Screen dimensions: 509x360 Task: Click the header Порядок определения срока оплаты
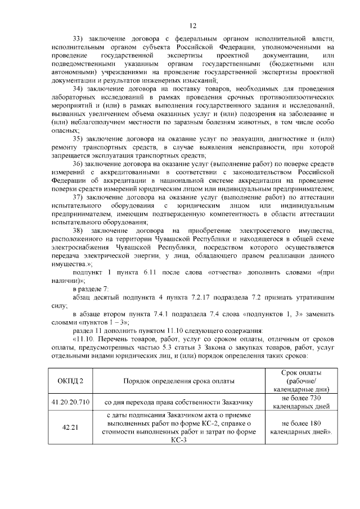point(179,381)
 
